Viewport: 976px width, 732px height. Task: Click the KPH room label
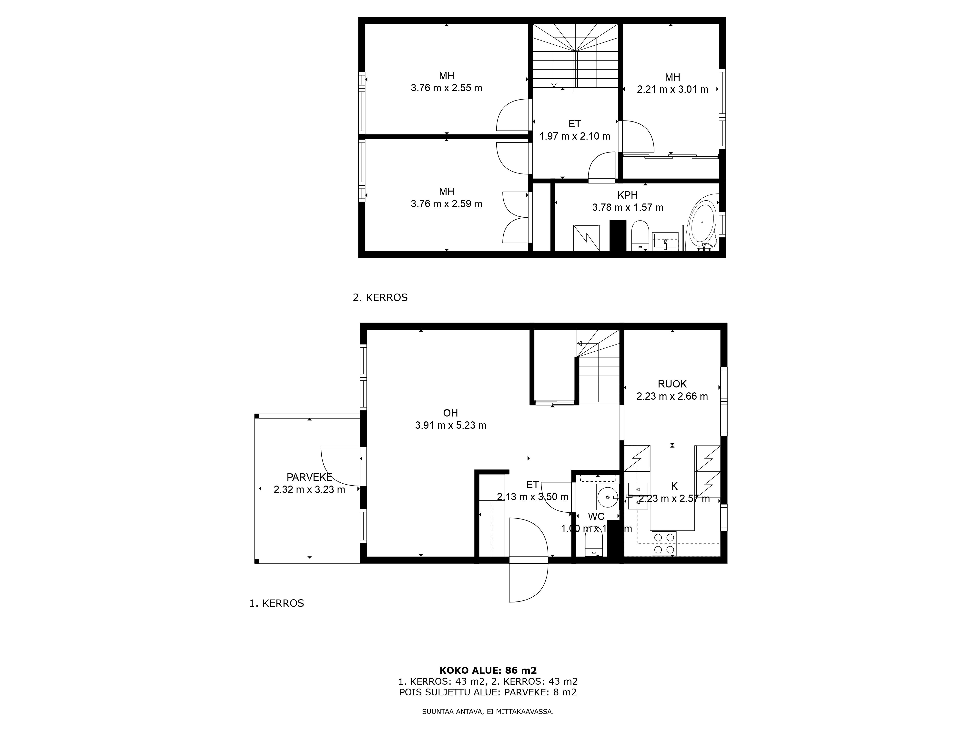click(x=627, y=195)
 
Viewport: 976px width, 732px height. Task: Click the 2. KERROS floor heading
click(x=380, y=297)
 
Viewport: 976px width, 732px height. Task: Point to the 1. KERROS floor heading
click(x=277, y=603)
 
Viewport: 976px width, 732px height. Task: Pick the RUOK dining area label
click(x=672, y=384)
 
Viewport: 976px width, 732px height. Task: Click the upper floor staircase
click(x=574, y=57)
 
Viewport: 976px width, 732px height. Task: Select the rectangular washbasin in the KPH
click(x=664, y=241)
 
